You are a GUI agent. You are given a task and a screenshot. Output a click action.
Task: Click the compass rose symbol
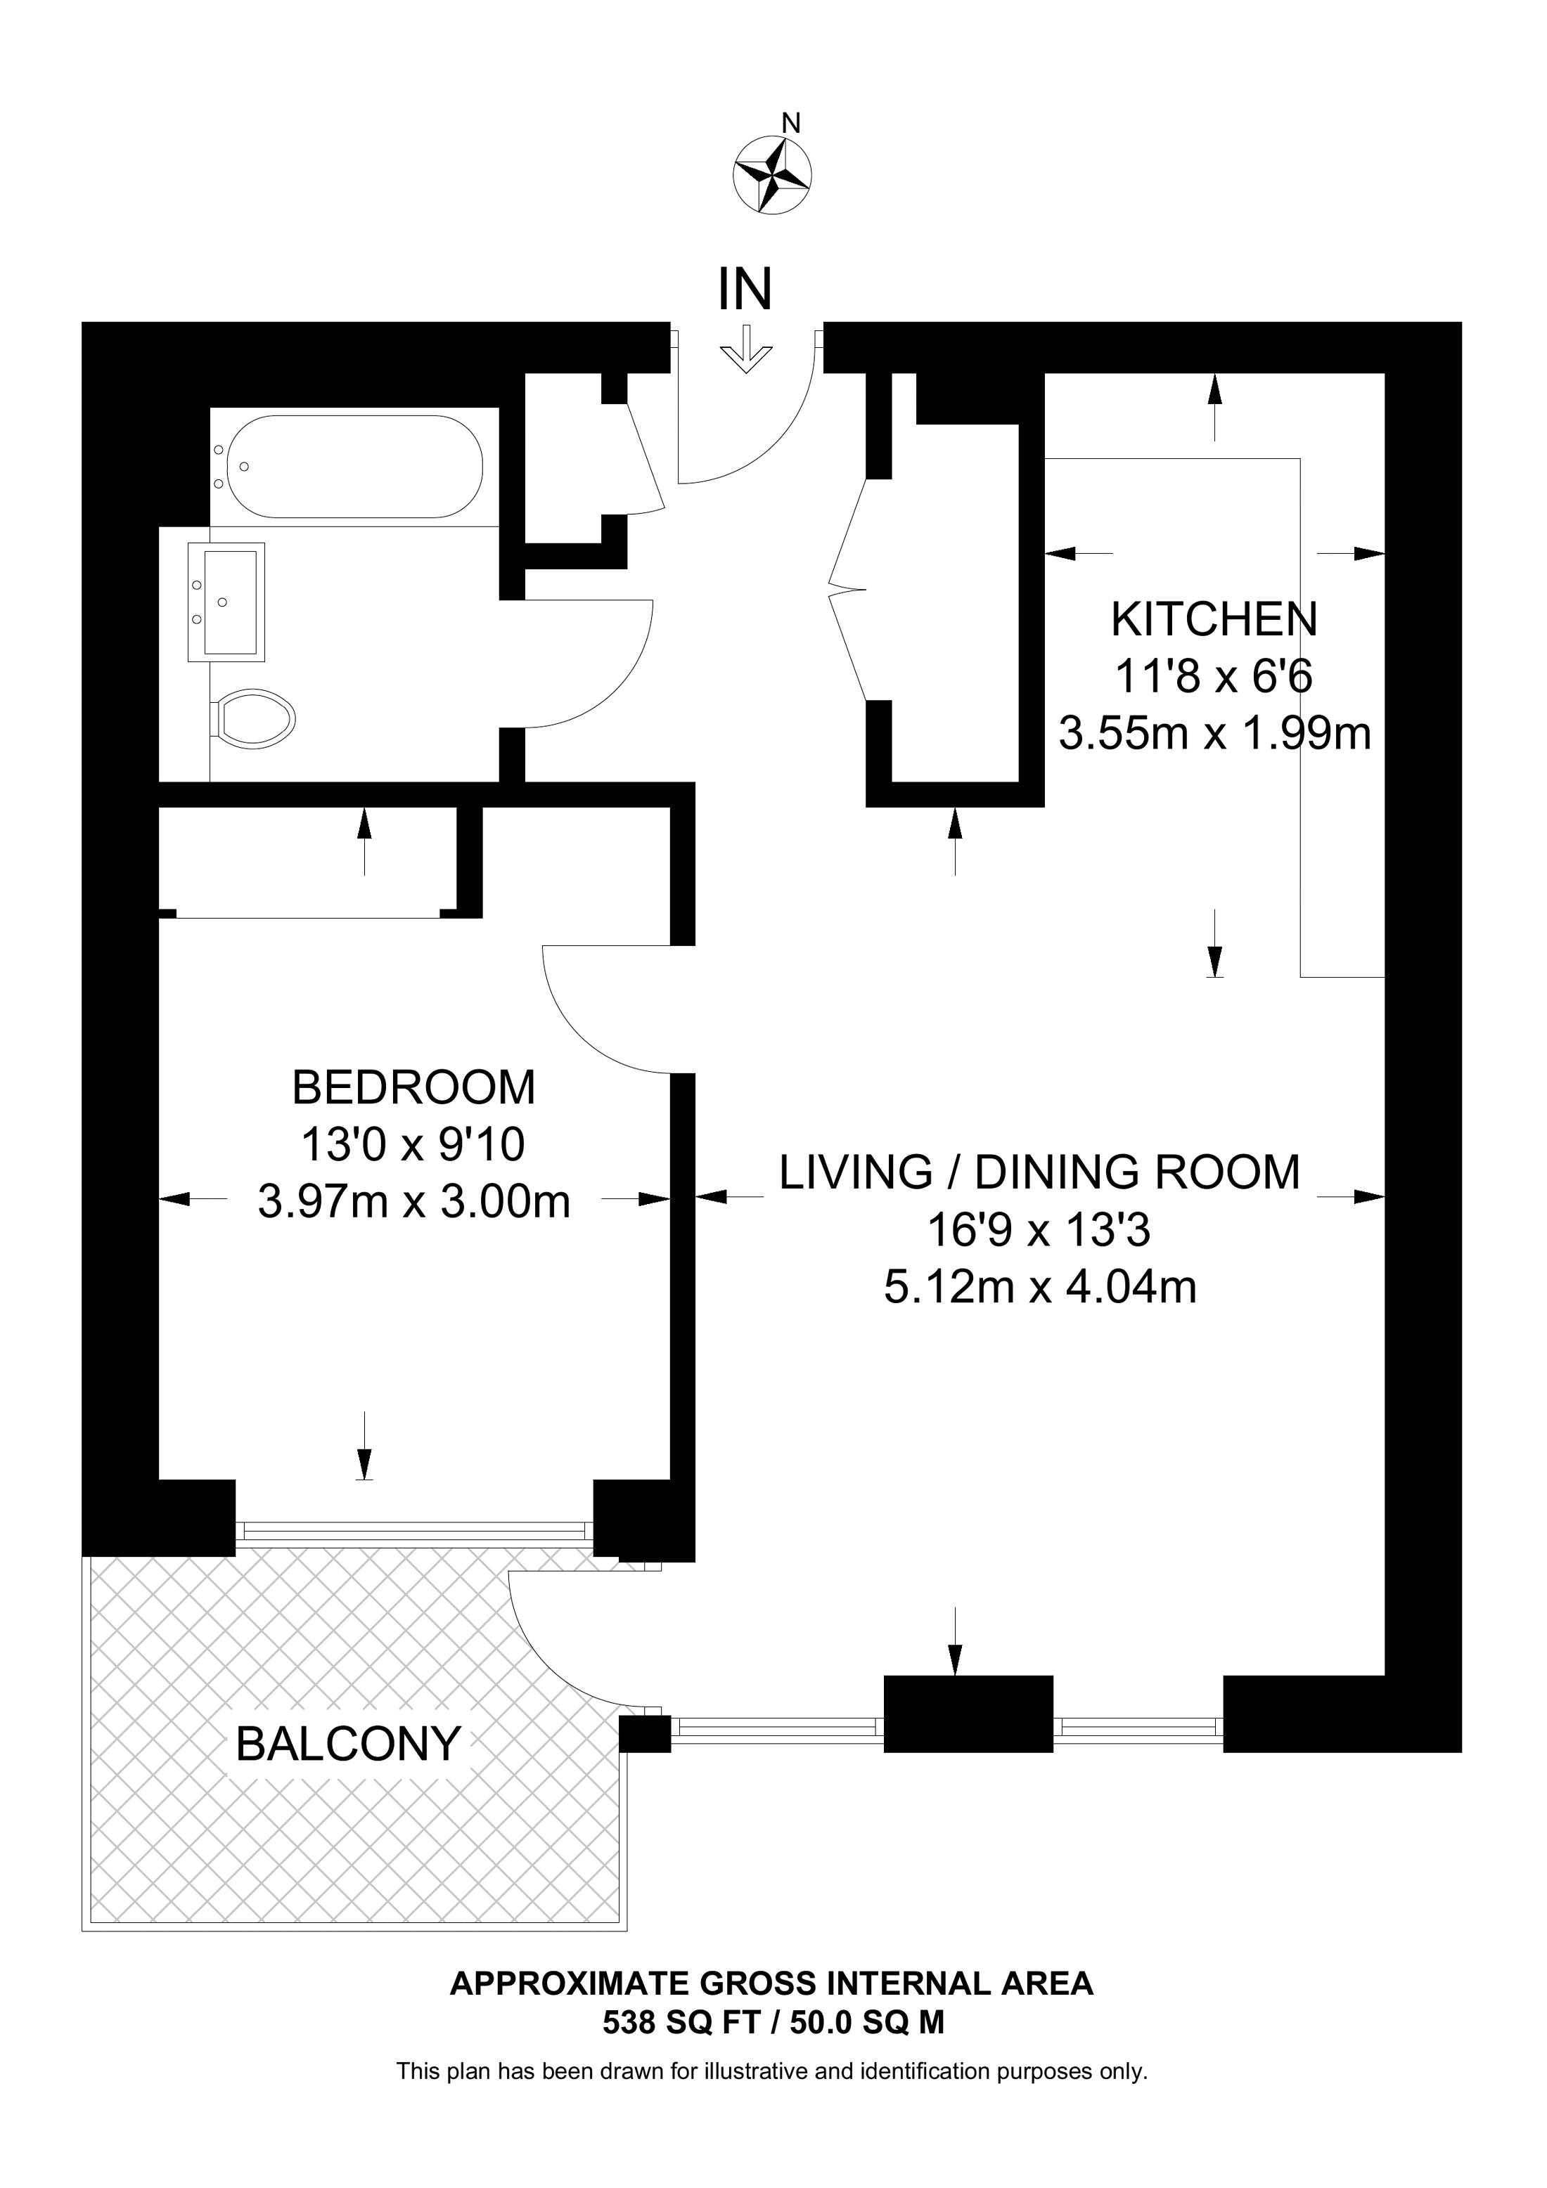click(772, 174)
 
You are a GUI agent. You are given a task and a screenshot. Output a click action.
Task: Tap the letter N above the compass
click(790, 123)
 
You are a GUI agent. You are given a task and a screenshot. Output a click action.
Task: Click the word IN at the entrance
click(745, 289)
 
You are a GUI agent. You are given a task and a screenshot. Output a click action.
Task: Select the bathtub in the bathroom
click(347, 467)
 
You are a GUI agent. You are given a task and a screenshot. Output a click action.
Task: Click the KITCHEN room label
click(1214, 621)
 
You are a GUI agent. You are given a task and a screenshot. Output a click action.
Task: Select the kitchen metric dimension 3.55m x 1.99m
click(1215, 734)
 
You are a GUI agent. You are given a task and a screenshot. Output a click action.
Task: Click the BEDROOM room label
click(413, 1087)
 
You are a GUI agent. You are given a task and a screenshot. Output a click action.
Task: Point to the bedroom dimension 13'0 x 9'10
click(413, 1144)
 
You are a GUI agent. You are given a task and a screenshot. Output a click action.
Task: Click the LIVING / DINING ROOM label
click(1040, 1172)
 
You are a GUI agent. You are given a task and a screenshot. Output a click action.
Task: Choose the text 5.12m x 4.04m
click(1040, 1288)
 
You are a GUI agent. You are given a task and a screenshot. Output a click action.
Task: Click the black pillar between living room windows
click(968, 1714)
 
